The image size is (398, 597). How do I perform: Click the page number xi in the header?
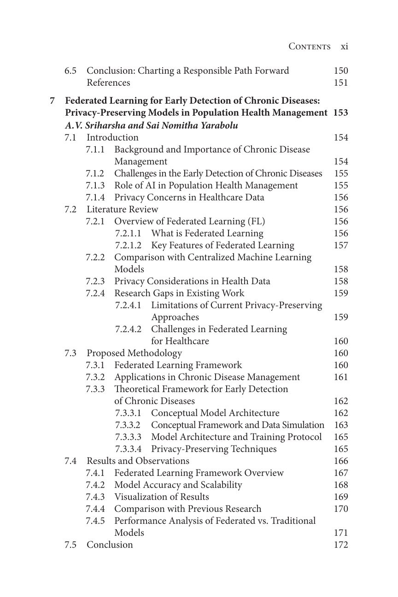344,47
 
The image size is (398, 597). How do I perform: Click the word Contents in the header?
309,47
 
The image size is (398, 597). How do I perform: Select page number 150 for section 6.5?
341,70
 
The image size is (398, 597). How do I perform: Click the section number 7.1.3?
95,185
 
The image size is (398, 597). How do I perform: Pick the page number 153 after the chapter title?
340,112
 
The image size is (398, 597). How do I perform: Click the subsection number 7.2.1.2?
128,245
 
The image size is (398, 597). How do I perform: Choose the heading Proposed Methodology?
134,353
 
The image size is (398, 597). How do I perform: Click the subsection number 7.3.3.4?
128,449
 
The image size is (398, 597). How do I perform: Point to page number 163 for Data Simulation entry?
341,425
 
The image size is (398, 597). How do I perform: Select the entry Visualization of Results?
161,497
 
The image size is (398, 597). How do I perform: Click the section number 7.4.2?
95,485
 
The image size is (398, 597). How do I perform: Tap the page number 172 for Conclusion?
341,544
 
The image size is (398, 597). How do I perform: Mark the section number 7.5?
70,544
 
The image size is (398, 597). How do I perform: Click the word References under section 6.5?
108,82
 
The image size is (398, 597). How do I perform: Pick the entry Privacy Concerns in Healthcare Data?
189,197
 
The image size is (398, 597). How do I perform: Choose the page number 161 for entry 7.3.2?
341,377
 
